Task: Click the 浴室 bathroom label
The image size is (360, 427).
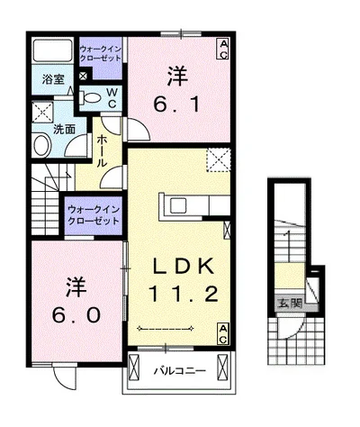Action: [53, 79]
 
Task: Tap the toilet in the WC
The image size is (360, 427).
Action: [90, 98]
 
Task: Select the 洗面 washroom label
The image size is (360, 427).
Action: [64, 129]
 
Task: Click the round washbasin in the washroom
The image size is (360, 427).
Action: [42, 146]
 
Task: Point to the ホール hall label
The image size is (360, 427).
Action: [103, 151]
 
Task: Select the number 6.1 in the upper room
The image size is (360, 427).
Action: [176, 104]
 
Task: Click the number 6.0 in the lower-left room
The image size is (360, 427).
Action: [76, 315]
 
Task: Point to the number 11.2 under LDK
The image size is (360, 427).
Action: [183, 294]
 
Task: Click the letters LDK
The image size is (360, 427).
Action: [184, 266]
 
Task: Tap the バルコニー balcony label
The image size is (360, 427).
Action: [180, 371]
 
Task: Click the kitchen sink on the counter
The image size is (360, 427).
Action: [178, 205]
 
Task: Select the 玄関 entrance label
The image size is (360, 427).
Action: [289, 304]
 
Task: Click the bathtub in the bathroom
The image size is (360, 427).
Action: [53, 50]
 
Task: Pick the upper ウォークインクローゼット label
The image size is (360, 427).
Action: [101, 53]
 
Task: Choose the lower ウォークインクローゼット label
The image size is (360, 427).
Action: [94, 215]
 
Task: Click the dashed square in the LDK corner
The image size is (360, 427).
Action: [219, 160]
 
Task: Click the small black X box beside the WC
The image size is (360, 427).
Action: [83, 76]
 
